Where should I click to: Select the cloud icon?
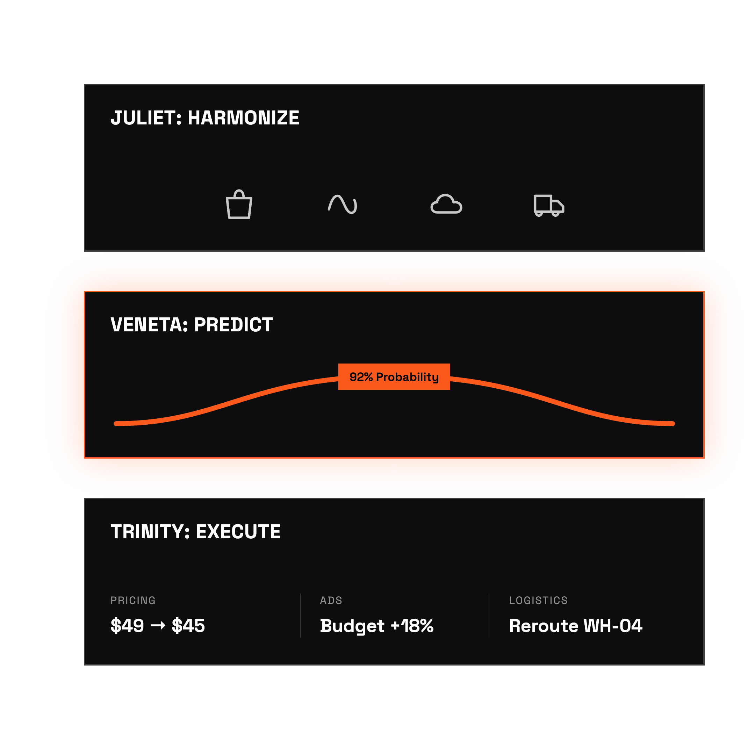tap(446, 204)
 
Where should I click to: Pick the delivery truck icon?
tap(549, 205)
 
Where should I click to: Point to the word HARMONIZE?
tap(244, 118)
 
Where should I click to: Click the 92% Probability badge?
tap(394, 377)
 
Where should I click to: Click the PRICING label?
tap(133, 600)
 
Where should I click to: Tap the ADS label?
tap(331, 600)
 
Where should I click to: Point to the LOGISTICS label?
tap(538, 600)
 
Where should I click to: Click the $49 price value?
tap(127, 626)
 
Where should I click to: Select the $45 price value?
tap(188, 626)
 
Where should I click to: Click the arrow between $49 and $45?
tap(158, 626)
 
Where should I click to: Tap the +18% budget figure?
tap(412, 626)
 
